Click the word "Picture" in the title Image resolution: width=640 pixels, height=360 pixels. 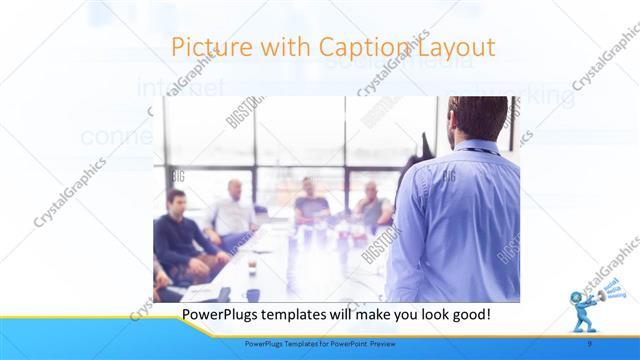point(205,47)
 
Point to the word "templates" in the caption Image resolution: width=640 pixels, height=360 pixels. point(299,314)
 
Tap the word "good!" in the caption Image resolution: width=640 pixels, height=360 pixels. point(467,314)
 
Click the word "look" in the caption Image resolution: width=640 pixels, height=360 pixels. point(423,314)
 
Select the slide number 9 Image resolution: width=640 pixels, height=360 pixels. point(590,344)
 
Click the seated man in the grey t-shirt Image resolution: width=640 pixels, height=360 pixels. point(312,204)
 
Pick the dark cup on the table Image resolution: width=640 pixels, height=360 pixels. point(253,294)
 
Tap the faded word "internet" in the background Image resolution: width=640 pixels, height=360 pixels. point(181,89)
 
